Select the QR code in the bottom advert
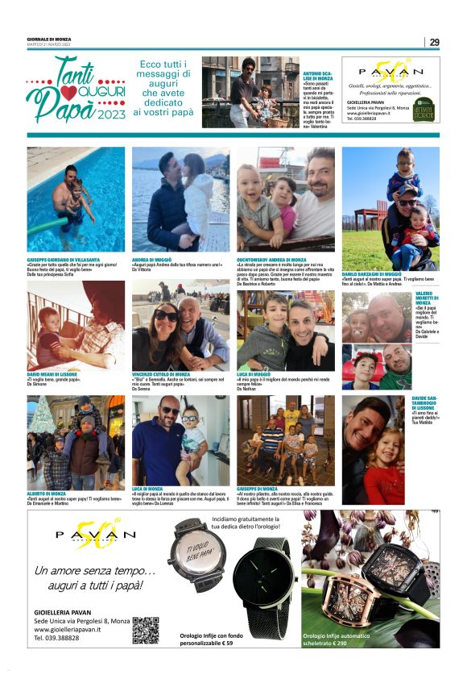pos(145,629)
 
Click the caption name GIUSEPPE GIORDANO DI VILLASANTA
pos(64,258)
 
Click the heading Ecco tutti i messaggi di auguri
pos(163,89)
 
